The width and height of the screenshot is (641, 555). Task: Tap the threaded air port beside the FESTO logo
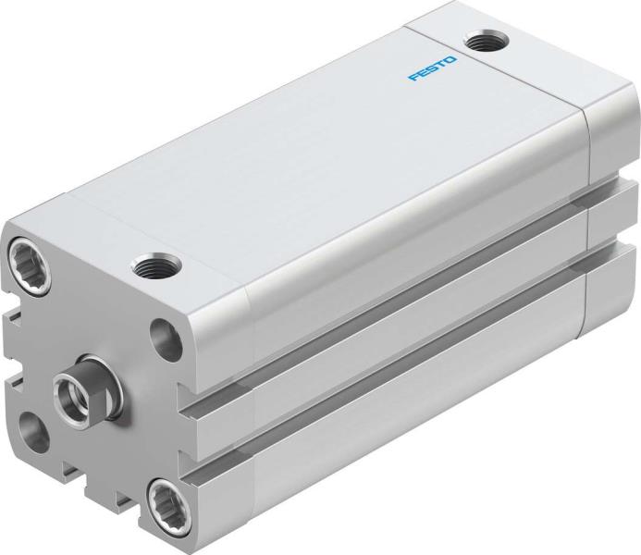tap(481, 41)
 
